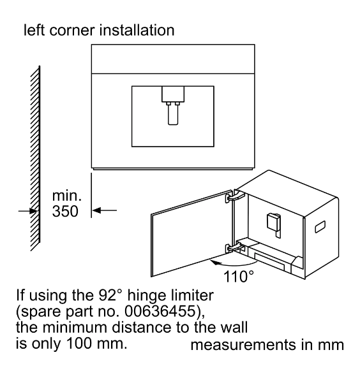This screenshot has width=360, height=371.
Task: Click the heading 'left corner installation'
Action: coord(99,31)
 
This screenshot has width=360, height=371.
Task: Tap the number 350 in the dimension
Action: coord(65,211)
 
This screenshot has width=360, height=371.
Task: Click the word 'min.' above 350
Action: coord(67,196)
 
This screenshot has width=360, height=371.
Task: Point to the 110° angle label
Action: coord(239,276)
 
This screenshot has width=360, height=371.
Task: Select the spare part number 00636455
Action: coord(160,311)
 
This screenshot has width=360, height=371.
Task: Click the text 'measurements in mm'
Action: coord(267,344)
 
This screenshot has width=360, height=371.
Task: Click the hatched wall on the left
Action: coord(35,158)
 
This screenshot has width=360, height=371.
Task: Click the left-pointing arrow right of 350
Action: coord(104,210)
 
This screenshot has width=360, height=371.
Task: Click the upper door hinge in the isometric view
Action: coord(234,196)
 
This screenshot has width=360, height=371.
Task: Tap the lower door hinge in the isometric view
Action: coord(234,247)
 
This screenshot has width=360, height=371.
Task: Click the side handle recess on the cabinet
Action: coord(320,227)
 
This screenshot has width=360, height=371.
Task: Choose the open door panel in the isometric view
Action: coord(191,233)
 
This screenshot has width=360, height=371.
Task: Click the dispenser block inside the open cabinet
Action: coord(274,225)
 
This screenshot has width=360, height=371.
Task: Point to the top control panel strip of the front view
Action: coord(173,59)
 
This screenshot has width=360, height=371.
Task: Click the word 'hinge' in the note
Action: coord(143,296)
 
